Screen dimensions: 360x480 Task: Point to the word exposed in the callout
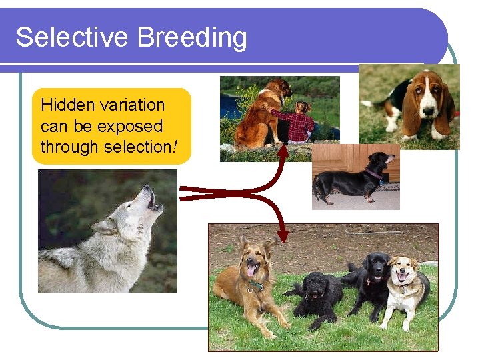[131, 126]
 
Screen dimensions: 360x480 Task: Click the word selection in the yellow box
[137, 147]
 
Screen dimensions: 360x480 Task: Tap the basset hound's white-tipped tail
[367, 104]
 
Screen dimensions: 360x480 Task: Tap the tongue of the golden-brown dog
[251, 271]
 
